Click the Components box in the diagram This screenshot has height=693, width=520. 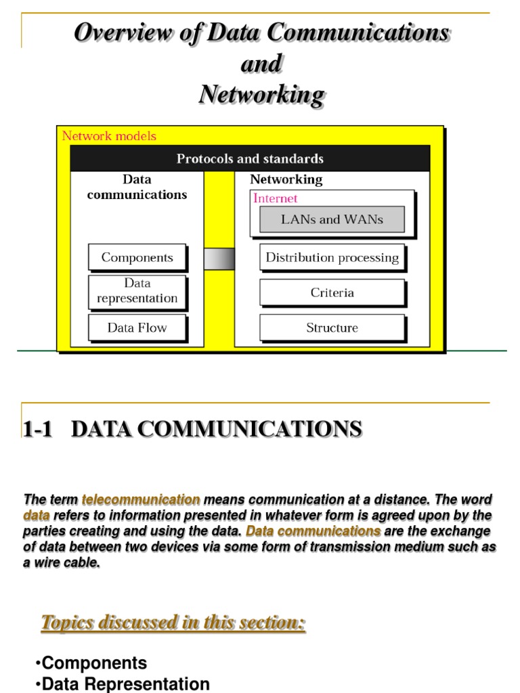coord(137,257)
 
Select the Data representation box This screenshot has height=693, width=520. coord(137,291)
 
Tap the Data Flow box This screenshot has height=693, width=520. coord(137,328)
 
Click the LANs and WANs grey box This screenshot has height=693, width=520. coord(332,219)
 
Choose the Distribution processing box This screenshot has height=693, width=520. coord(332,257)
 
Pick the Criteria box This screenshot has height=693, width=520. coord(332,293)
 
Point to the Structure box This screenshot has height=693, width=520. coord(332,328)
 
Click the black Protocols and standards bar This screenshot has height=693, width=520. coord(250,159)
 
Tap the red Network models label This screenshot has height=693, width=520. coord(109,136)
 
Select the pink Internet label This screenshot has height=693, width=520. coord(275,198)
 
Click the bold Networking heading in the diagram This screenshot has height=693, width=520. coord(286,179)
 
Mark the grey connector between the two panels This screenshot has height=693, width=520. coord(219,259)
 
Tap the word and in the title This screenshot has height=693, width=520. coord(261,64)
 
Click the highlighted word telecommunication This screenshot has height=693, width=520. coord(141,500)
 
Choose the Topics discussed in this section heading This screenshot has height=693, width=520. coord(173,623)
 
